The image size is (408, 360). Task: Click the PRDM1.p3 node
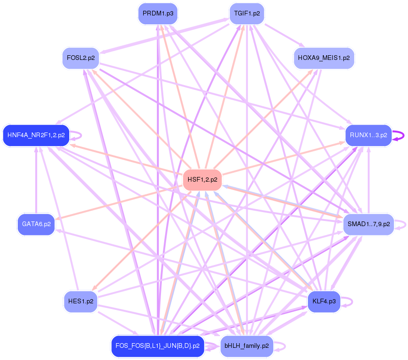coord(158,14)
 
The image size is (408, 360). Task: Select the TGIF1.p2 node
coord(247,14)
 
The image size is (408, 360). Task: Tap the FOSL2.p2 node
coord(81,58)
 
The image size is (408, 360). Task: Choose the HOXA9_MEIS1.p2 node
coord(324,58)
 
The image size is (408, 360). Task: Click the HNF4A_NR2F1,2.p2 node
coord(36,135)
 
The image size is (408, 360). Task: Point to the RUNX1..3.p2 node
coord(369,135)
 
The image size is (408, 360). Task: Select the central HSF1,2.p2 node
coord(202,180)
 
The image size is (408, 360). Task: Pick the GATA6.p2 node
coord(36,224)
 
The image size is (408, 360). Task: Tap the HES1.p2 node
coord(81,301)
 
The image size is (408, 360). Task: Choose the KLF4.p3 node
coord(324,301)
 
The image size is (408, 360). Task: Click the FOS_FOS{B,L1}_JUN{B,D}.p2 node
coord(158,346)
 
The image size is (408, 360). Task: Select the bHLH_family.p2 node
coord(247,346)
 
